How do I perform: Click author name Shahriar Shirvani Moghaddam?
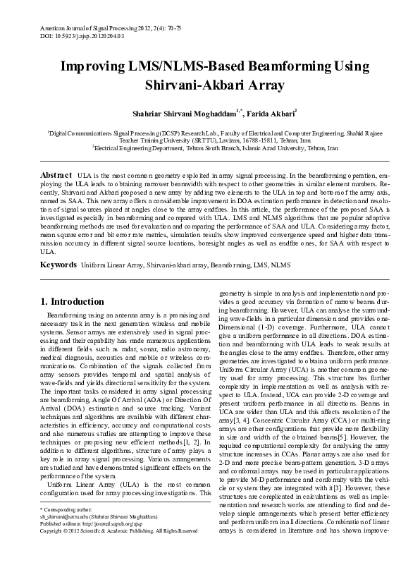(x=178, y=112)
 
